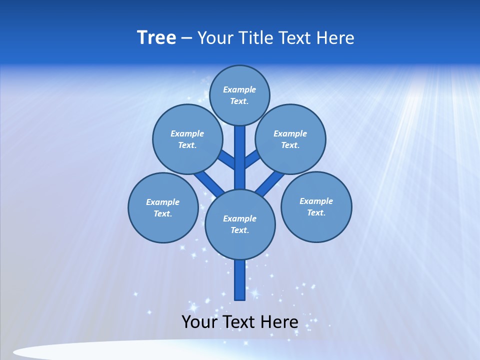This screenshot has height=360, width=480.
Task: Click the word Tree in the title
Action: click(x=156, y=37)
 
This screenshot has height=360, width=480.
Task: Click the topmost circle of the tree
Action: click(x=239, y=82)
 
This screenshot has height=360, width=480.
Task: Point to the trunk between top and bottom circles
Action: click(x=240, y=160)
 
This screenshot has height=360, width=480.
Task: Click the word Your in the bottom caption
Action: click(x=199, y=322)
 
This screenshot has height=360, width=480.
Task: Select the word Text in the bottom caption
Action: click(x=238, y=322)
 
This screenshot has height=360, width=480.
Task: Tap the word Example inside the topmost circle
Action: click(x=239, y=89)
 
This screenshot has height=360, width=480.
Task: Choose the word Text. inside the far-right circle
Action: click(x=316, y=212)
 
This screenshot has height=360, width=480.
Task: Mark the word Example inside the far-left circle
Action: click(x=162, y=202)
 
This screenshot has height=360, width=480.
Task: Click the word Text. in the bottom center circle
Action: click(x=239, y=230)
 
